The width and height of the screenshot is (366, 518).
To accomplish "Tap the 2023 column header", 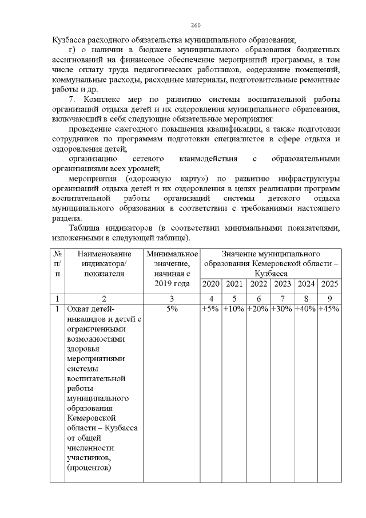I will [x=283, y=284].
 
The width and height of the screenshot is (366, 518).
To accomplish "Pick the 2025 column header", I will [x=329, y=284].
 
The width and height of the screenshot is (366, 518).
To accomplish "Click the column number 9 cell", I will [x=329, y=298].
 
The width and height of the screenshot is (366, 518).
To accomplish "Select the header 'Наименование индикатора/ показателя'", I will [x=104, y=263].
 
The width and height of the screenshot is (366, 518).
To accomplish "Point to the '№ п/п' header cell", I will [x=57, y=263].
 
